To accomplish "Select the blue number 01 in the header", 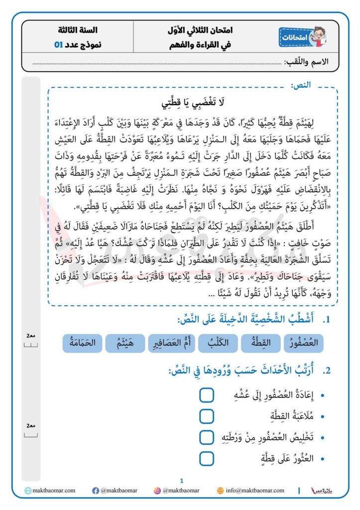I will pos(59,44).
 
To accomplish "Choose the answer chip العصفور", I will pos(302,343).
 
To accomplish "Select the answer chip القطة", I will pos(261,343).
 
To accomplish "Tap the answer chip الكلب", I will pos(219,343).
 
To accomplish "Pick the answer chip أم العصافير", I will pos(171,343).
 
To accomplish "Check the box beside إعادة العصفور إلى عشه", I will pos(207,395).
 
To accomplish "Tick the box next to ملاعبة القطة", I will pos(207,416).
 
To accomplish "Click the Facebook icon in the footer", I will pos(96,491).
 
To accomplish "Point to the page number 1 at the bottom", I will pos(182,481).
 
